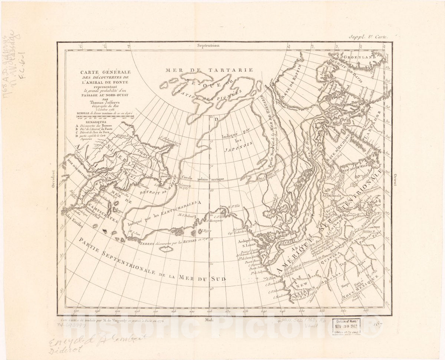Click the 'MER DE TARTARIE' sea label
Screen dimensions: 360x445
[x=209, y=70]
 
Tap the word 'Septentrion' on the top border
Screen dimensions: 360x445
[x=209, y=46]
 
